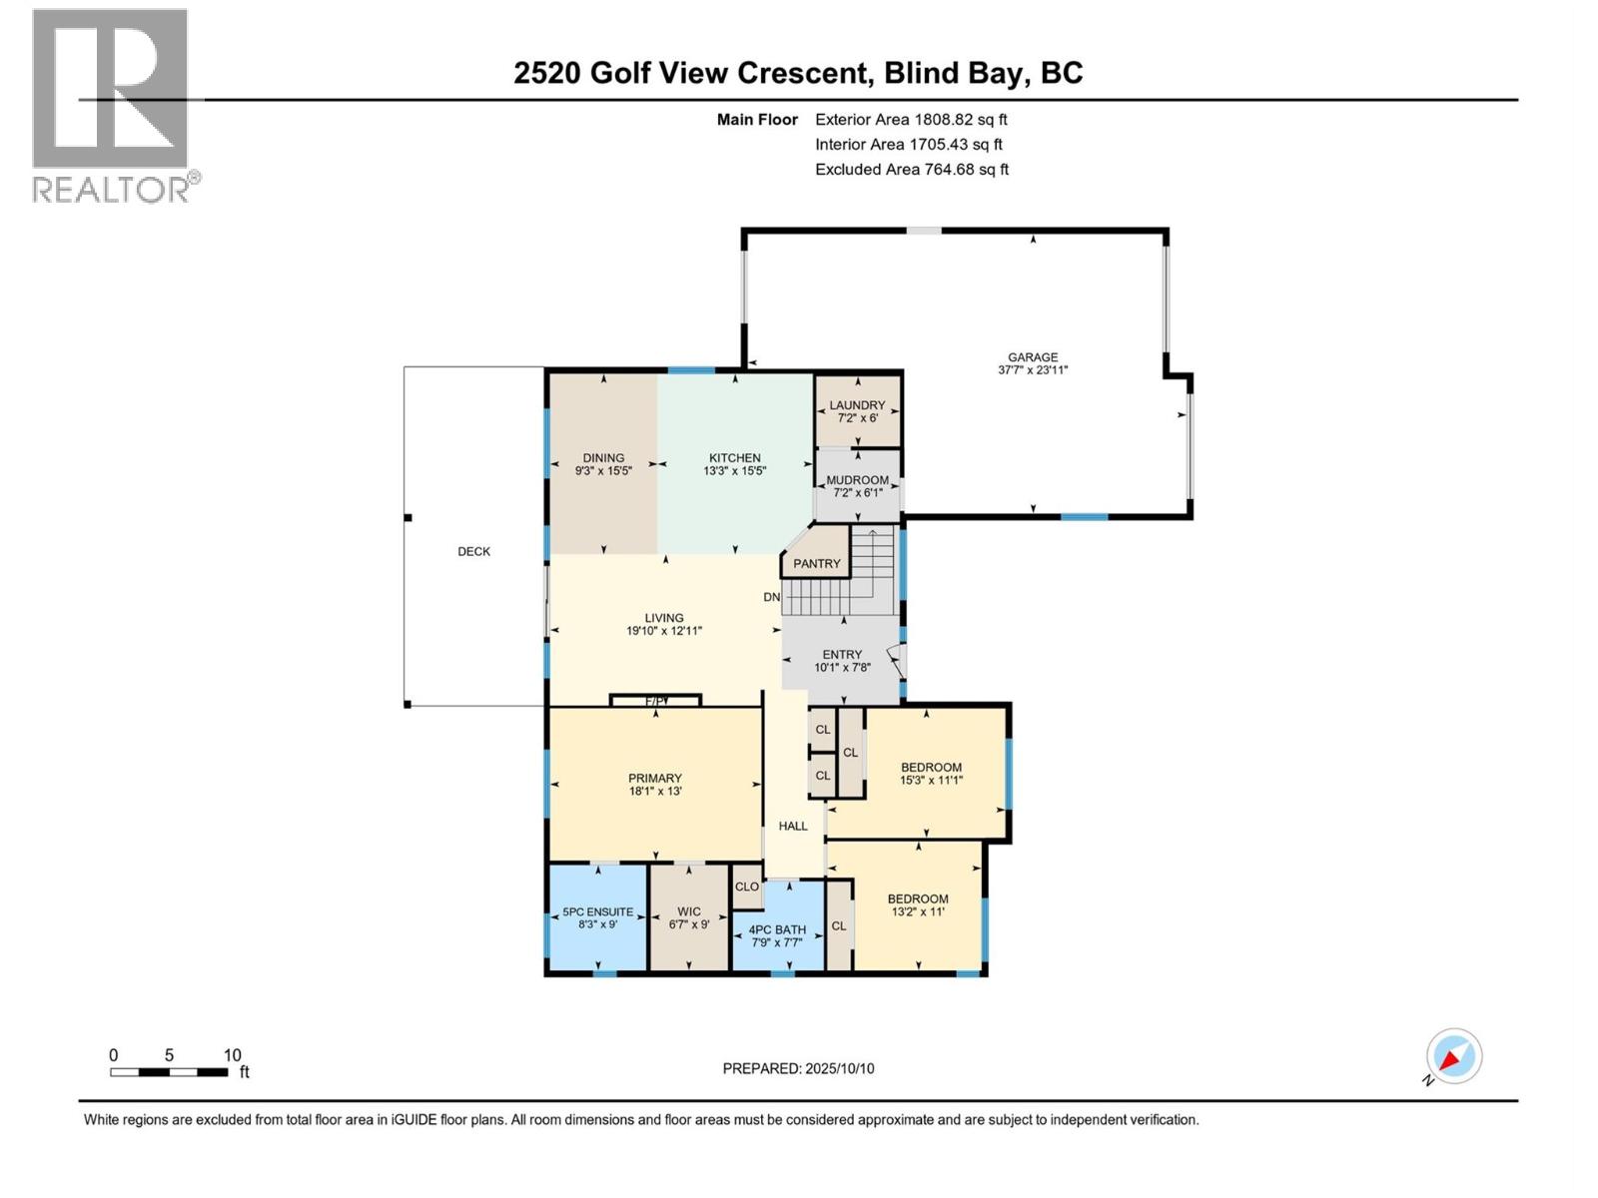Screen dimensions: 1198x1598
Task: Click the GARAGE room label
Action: [x=1032, y=356]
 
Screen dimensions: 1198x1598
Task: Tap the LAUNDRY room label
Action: [x=857, y=405]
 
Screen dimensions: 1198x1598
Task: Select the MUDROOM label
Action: [x=857, y=480]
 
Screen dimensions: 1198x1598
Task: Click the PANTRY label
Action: [x=816, y=563]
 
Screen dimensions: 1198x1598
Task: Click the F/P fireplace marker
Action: [x=654, y=701]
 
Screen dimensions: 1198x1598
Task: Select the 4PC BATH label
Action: [x=777, y=929]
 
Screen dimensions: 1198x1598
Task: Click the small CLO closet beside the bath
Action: [x=747, y=887]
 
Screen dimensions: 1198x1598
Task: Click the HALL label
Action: [x=793, y=826]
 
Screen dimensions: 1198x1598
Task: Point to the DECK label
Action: [x=473, y=551]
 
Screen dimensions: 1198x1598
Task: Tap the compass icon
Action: [x=1453, y=1056]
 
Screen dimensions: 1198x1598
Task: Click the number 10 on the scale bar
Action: [x=232, y=1055]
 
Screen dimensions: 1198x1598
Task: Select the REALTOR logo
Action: [x=112, y=105]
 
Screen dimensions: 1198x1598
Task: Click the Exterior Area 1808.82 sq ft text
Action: [x=910, y=119]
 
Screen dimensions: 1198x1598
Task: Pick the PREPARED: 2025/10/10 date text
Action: [x=798, y=1068]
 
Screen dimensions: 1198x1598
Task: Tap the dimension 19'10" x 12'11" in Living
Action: [x=663, y=631]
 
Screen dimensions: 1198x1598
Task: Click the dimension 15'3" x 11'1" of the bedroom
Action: [x=931, y=781]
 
